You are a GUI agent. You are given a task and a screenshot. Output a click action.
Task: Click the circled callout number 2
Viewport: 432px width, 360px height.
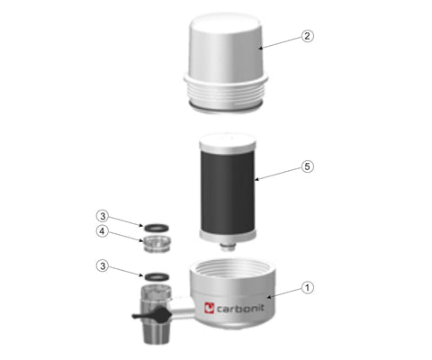pyautogui.click(x=307, y=36)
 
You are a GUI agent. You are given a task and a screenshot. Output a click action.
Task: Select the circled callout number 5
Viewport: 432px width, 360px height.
pyautogui.click(x=307, y=166)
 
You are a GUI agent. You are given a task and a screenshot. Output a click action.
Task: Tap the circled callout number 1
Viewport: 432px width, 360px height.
pyautogui.click(x=307, y=288)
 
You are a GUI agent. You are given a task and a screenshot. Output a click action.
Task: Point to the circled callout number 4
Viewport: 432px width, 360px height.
pyautogui.click(x=103, y=231)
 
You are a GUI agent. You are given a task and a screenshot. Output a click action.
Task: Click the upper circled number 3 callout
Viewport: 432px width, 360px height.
pyautogui.click(x=103, y=216)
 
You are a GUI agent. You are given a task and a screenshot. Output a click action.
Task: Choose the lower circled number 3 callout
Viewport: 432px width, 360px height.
pyautogui.click(x=103, y=265)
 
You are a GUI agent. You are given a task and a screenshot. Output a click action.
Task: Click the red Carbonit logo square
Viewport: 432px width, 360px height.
pyautogui.click(x=209, y=308)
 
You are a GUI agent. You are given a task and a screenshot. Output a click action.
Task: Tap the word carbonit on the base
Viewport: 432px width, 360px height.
pyautogui.click(x=240, y=308)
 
